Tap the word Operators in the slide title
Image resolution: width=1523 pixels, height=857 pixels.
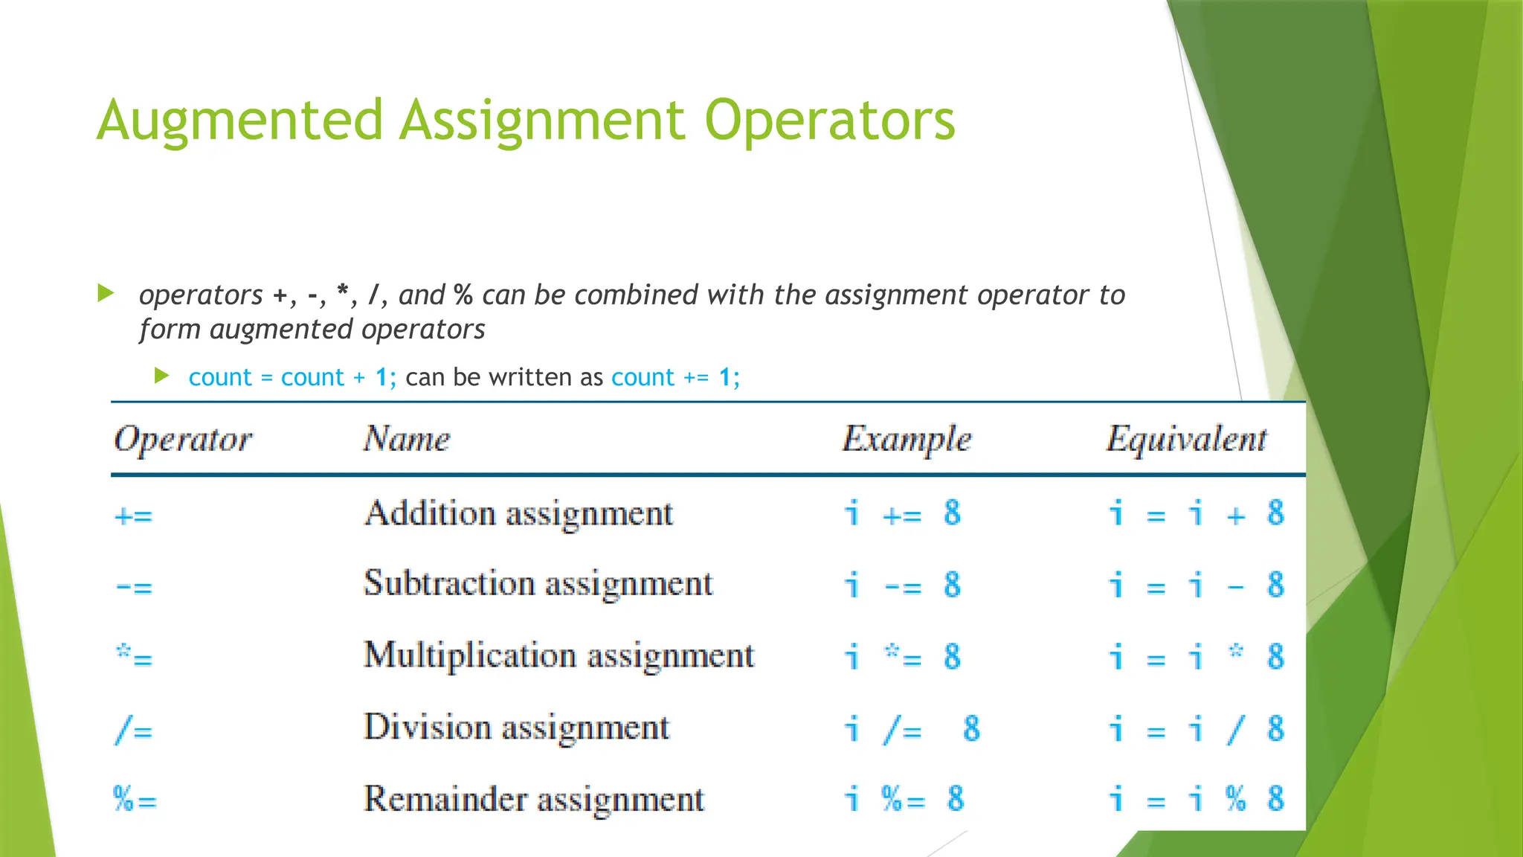pos(829,121)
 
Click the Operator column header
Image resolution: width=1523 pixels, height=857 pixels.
pos(183,439)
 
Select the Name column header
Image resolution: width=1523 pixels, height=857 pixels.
pos(407,439)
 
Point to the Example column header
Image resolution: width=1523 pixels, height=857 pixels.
pos(907,439)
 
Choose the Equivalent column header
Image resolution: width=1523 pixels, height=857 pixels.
pos(1186,439)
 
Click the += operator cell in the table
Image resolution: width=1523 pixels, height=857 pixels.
pos(134,516)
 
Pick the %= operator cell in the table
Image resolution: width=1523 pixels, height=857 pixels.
pos(135,800)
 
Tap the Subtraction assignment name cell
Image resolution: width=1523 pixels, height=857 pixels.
pos(538,584)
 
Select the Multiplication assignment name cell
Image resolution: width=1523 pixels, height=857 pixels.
pos(558,656)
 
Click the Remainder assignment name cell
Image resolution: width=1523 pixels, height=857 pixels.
pos(533,800)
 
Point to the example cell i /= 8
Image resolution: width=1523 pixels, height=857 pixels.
pos(912,730)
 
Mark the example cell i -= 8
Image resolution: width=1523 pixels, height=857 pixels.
pos(903,585)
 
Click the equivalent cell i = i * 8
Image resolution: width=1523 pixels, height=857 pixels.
pos(1196,658)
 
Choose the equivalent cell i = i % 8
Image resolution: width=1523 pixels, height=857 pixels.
pos(1196,800)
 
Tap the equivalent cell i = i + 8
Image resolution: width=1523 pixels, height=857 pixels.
pos(1196,514)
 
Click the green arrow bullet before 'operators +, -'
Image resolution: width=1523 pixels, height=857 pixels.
pos(106,293)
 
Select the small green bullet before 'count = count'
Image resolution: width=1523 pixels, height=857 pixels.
pos(162,376)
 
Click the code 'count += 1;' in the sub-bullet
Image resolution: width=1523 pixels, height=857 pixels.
pos(675,378)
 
